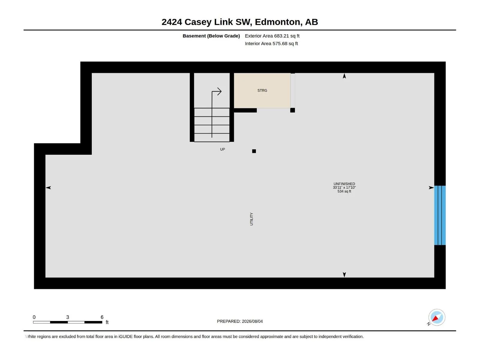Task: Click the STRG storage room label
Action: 262,91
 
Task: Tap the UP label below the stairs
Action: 222,149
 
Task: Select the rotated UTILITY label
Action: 251,219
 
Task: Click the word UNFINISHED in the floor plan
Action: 344,184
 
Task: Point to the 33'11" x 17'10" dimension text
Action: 344,187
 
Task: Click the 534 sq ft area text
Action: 344,191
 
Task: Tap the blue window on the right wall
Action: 440,215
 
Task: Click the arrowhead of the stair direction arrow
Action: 220,91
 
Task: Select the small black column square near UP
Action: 254,151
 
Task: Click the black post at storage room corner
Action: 292,110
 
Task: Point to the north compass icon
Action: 436,317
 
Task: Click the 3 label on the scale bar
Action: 67,317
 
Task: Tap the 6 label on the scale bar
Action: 102,317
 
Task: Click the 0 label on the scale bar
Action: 34,317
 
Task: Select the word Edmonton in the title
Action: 277,22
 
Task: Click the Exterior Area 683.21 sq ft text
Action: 272,36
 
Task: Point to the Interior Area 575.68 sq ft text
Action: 271,43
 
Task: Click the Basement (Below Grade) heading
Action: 211,36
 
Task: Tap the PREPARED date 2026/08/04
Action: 252,321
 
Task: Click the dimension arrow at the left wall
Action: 48,187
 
